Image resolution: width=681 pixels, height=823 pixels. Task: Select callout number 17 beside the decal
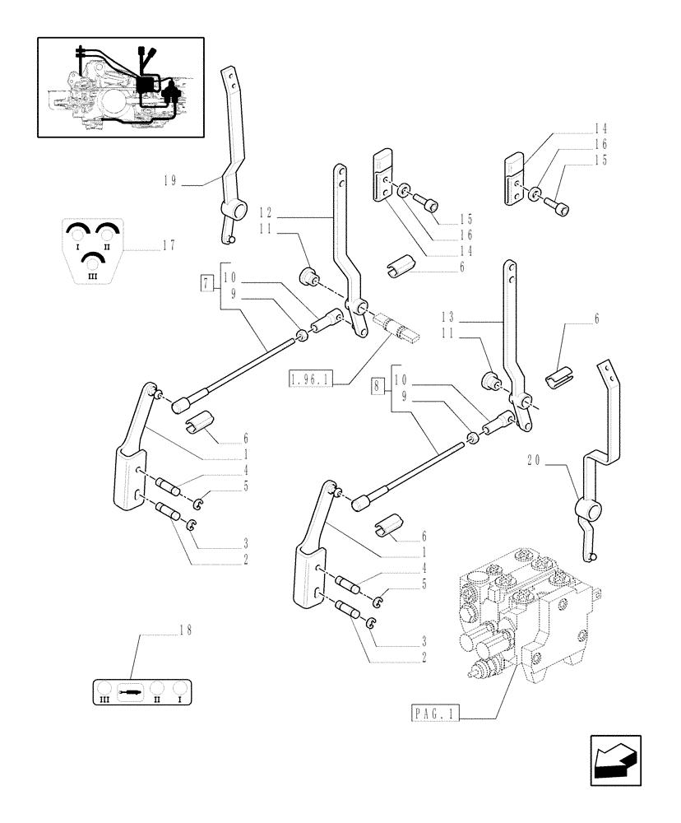tap(169, 244)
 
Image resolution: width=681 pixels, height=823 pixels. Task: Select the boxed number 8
tap(378, 385)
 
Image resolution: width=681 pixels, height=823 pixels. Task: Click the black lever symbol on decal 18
tap(131, 692)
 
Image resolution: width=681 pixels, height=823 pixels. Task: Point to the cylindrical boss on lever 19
tap(238, 212)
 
